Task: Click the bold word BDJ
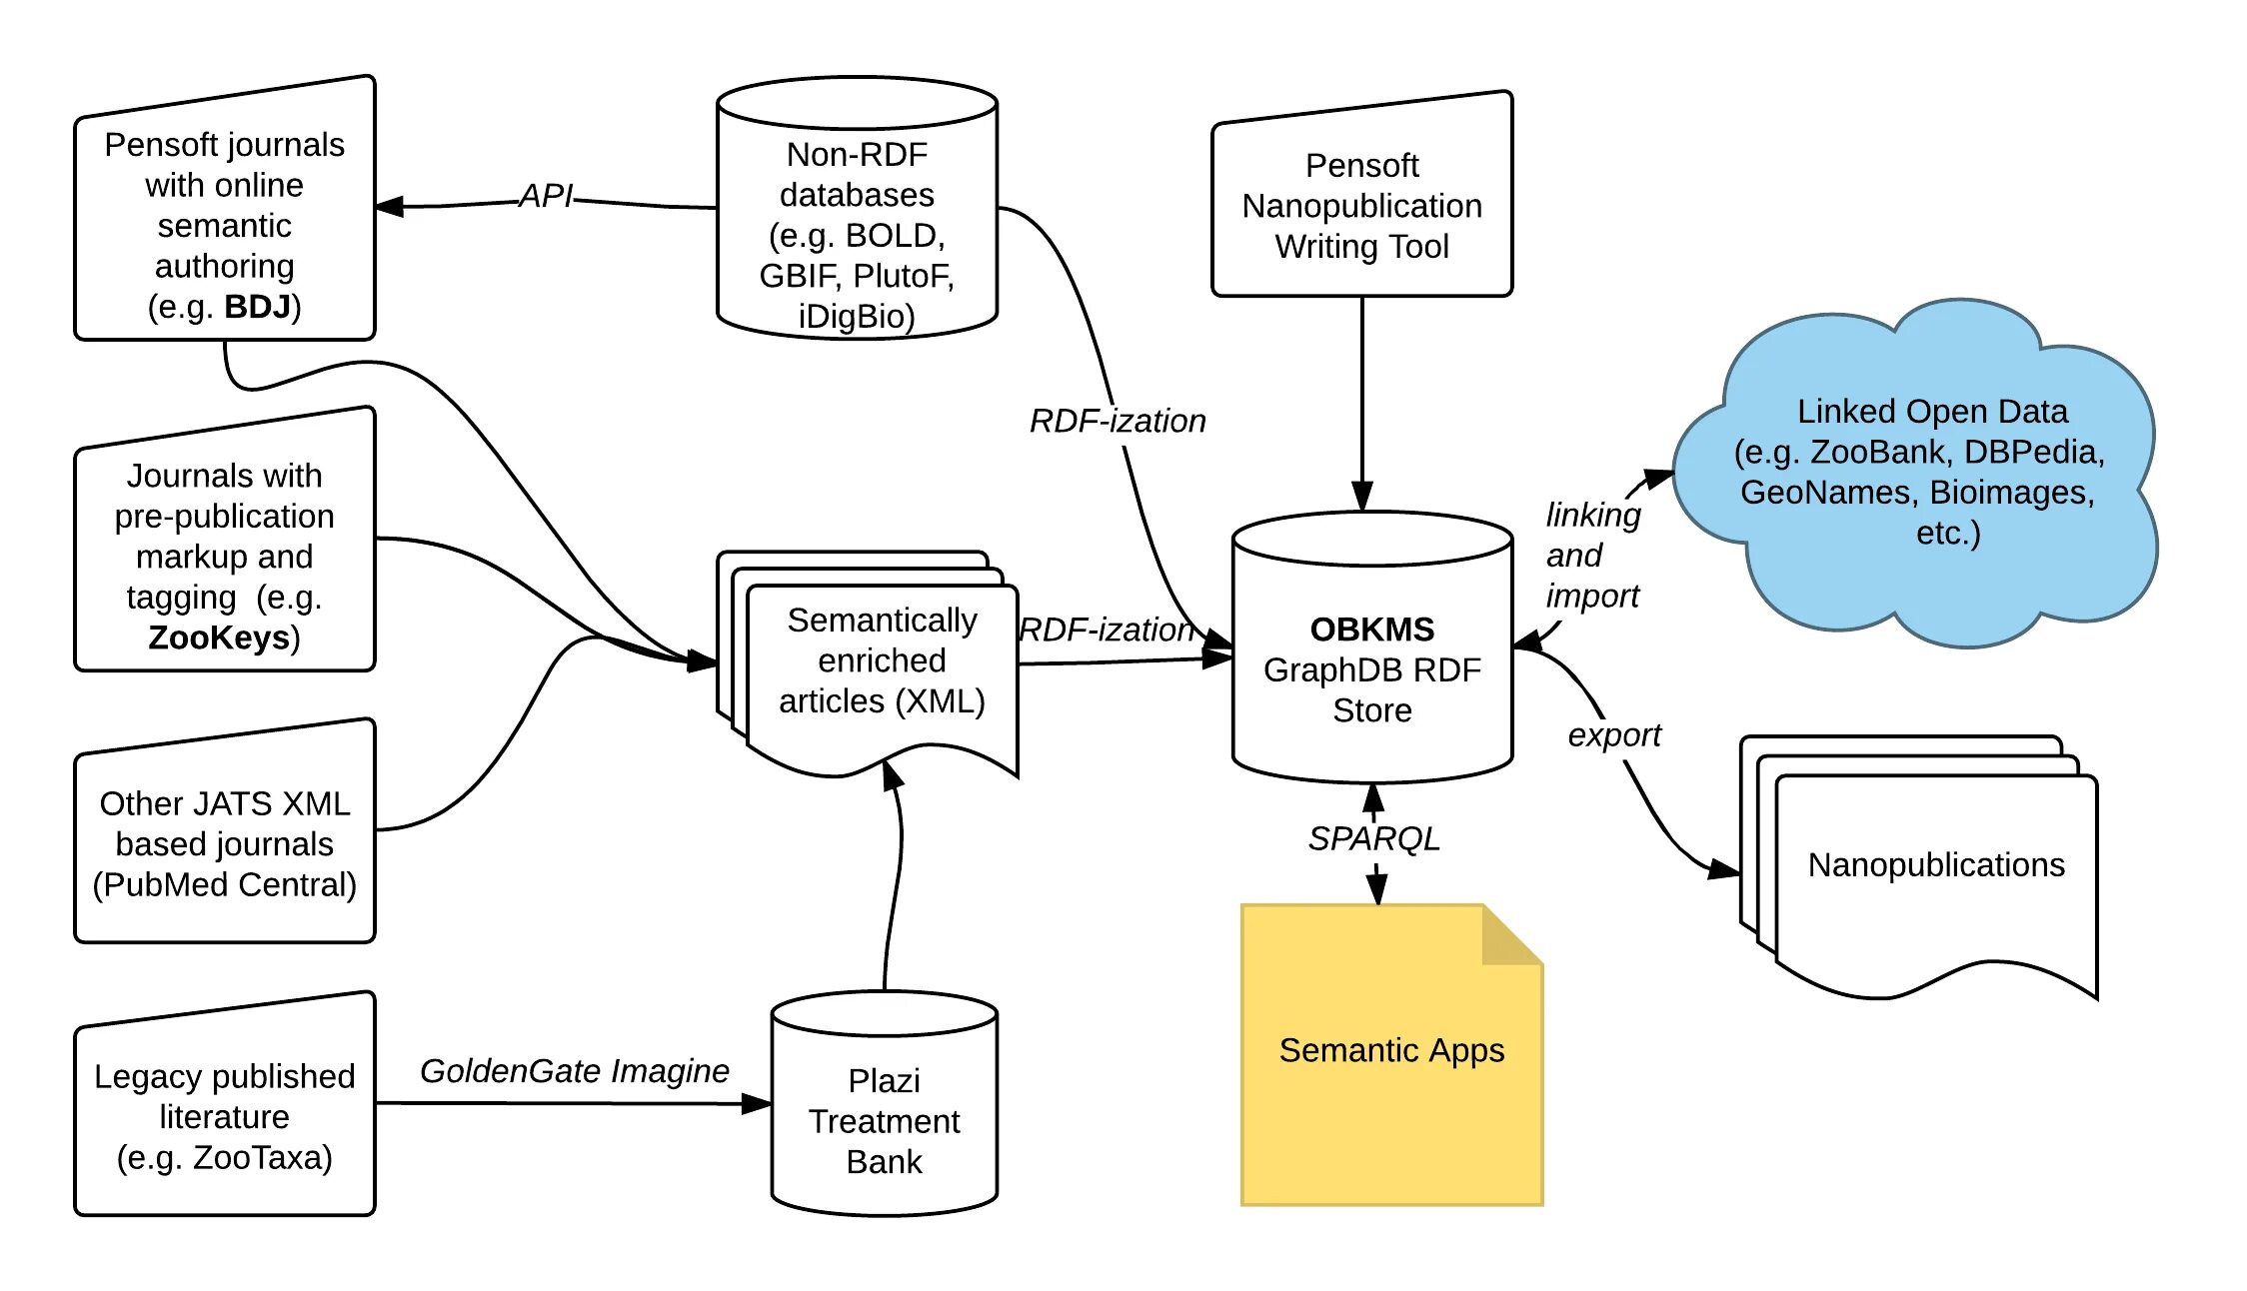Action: [257, 307]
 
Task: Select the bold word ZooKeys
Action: [218, 638]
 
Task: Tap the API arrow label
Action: [546, 196]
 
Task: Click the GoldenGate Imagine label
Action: [574, 1071]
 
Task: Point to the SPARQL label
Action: [1374, 839]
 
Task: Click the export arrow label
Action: [1613, 735]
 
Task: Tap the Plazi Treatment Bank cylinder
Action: [885, 1109]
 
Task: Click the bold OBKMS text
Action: [1371, 630]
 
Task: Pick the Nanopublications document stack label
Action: [1936, 865]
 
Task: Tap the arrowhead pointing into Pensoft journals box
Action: [390, 207]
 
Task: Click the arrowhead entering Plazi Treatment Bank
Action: [757, 1104]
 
